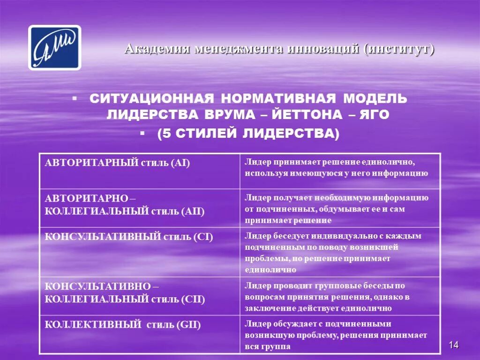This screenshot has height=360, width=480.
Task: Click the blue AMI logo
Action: point(54,48)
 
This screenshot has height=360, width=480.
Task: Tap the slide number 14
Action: point(453,345)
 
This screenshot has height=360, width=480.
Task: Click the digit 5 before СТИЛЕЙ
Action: point(165,134)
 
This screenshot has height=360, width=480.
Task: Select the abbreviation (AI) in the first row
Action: point(180,163)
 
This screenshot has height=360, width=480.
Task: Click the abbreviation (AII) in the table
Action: point(191,211)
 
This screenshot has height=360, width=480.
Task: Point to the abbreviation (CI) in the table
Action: point(203,237)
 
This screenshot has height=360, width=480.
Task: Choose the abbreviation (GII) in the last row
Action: point(188,324)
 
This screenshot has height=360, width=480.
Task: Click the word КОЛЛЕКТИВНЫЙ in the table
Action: point(93,324)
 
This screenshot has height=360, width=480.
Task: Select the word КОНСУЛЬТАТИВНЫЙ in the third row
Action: point(103,237)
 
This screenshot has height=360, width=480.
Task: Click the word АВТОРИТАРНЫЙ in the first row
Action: point(91,163)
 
